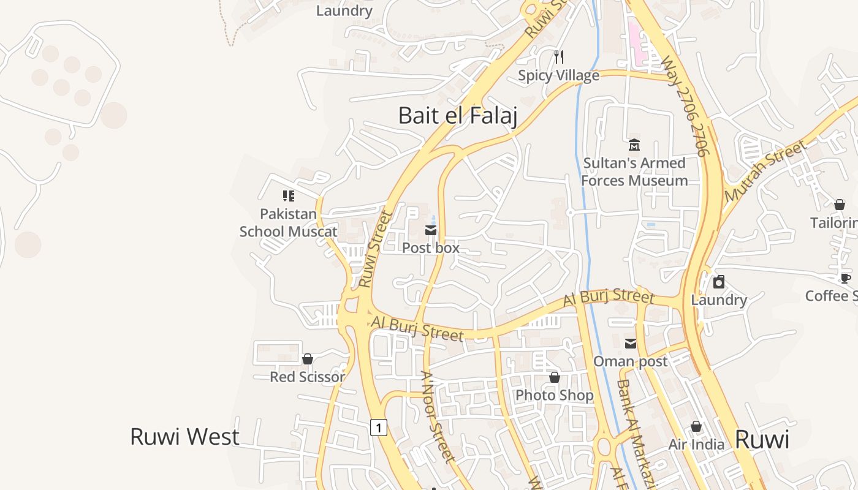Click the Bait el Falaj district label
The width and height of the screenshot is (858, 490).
[457, 115]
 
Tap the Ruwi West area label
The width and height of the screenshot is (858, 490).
[184, 437]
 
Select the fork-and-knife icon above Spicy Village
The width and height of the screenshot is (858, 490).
[558, 57]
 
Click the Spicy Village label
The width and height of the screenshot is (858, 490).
[558, 75]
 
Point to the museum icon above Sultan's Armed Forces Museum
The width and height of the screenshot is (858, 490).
[634, 145]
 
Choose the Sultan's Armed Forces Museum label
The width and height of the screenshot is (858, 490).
[634, 171]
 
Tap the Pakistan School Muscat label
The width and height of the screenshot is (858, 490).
[288, 222]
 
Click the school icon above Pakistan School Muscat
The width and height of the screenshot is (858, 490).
[288, 196]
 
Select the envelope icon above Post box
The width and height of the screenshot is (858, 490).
[431, 230]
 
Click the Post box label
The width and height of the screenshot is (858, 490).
[431, 248]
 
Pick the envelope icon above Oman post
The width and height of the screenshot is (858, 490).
[631, 344]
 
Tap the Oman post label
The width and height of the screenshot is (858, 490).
[631, 361]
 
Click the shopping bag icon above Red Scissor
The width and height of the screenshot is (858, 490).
[308, 359]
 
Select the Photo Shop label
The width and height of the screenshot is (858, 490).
[555, 395]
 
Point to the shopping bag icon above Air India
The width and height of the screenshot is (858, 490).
[696, 426]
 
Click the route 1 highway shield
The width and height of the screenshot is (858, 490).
[379, 427]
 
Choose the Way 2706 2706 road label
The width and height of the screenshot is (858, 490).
[686, 105]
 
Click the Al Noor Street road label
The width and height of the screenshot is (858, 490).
[438, 417]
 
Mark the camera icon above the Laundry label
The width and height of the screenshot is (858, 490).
[719, 282]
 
